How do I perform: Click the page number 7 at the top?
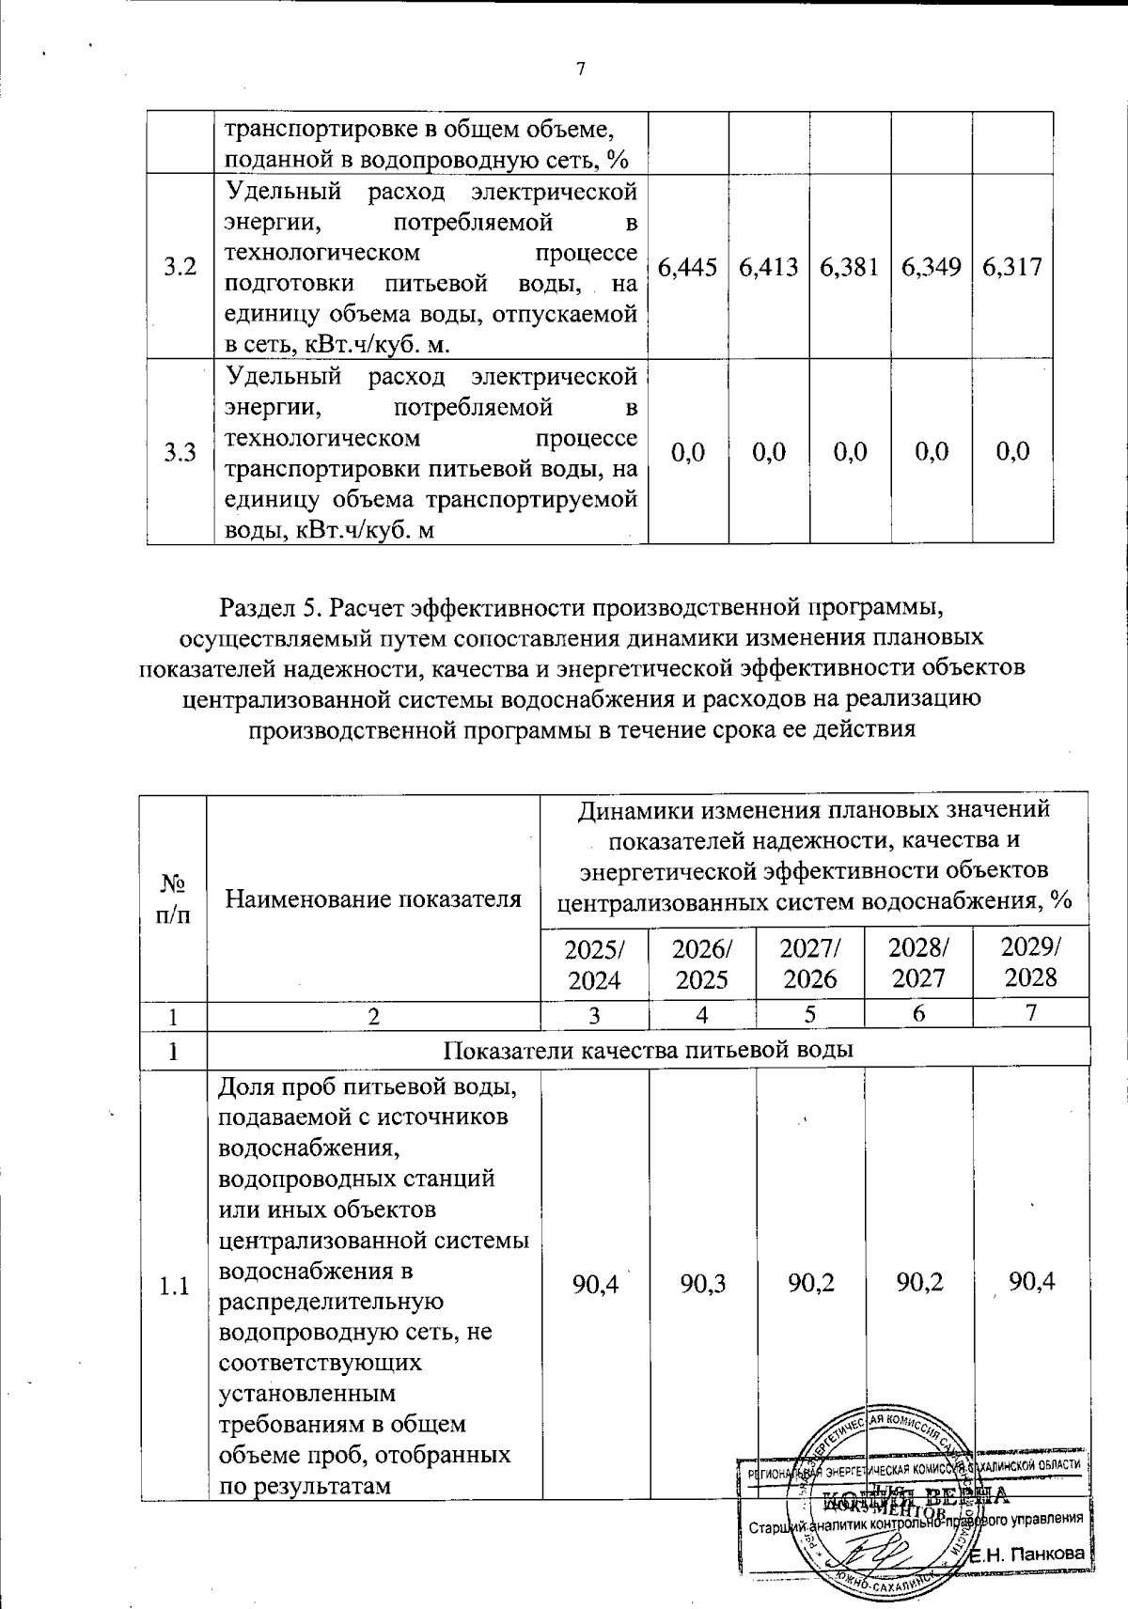tap(580, 70)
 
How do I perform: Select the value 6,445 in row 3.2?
tap(689, 268)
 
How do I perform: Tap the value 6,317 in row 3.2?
tap(1011, 268)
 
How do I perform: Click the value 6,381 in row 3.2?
tap(850, 268)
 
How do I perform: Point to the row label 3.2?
tap(180, 268)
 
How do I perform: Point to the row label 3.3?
tap(180, 454)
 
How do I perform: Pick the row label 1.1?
tap(175, 1287)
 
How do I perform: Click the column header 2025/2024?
tap(594, 963)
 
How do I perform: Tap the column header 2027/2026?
tap(810, 963)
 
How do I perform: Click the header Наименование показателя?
tap(373, 899)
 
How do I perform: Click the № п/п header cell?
tap(173, 899)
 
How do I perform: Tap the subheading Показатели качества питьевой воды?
tap(648, 1050)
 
